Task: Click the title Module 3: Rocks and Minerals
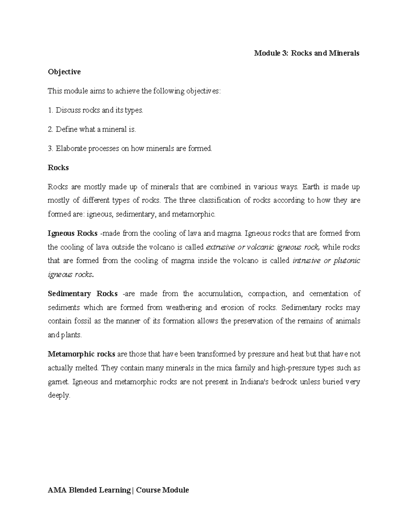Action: point(307,53)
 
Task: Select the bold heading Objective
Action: point(64,72)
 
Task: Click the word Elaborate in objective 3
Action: point(71,148)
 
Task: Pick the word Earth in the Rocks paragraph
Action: point(311,187)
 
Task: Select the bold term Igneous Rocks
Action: point(73,233)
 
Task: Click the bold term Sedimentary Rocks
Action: point(82,294)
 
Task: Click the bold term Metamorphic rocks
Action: point(81,354)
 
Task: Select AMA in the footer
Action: point(56,490)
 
